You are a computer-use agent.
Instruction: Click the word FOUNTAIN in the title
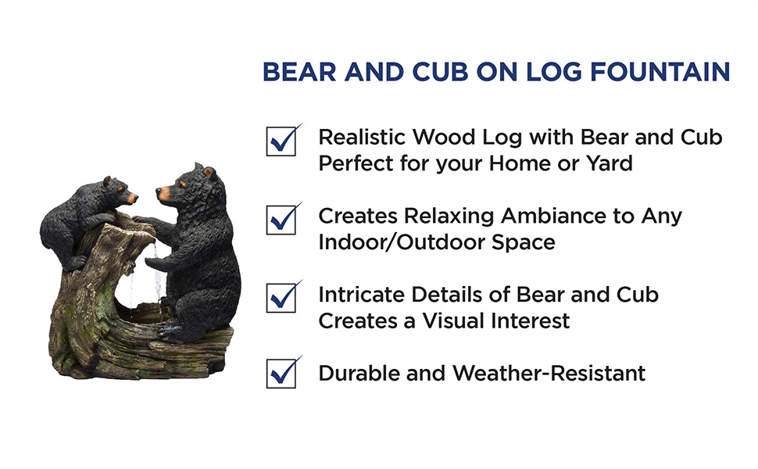coord(660,72)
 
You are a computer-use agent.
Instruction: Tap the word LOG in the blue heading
coord(553,72)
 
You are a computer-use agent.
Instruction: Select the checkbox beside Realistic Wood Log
coord(281,141)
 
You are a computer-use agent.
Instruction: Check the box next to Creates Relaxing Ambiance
coord(281,220)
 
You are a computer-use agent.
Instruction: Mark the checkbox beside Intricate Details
coord(281,298)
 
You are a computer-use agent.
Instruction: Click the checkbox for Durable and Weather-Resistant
coord(281,374)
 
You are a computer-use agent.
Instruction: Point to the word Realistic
coord(363,138)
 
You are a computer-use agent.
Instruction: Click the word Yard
coord(609,163)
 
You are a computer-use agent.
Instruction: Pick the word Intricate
coord(361,295)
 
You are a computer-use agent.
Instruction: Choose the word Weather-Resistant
coord(549,374)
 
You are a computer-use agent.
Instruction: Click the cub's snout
coord(131,198)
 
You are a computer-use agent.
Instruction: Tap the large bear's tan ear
coord(209,172)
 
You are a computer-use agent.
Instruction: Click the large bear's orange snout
coord(163,193)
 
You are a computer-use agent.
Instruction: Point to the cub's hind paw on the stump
coord(74,263)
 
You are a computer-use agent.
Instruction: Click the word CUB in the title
coord(440,72)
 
